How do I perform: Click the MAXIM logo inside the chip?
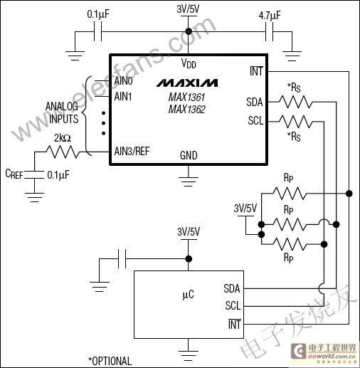click(x=187, y=83)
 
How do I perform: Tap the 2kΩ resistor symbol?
click(x=63, y=152)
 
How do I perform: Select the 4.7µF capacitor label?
click(x=270, y=16)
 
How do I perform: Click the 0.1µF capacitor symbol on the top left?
click(x=98, y=31)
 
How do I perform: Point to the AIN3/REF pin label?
click(x=132, y=151)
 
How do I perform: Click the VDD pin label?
click(x=189, y=63)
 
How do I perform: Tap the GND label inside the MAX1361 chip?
click(x=189, y=155)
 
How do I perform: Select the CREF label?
click(x=14, y=174)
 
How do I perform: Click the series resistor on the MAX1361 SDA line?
click(x=296, y=102)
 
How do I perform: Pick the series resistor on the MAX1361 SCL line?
click(x=296, y=122)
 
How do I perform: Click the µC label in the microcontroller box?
click(x=189, y=295)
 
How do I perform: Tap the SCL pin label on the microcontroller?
click(x=233, y=305)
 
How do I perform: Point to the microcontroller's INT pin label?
click(x=234, y=325)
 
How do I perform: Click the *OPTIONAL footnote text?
click(x=110, y=361)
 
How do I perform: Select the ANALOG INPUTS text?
click(x=62, y=112)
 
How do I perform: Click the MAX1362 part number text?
click(x=187, y=110)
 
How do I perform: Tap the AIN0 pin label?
click(x=123, y=81)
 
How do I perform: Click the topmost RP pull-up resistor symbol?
click(x=290, y=194)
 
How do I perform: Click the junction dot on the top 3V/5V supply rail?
click(x=189, y=31)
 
